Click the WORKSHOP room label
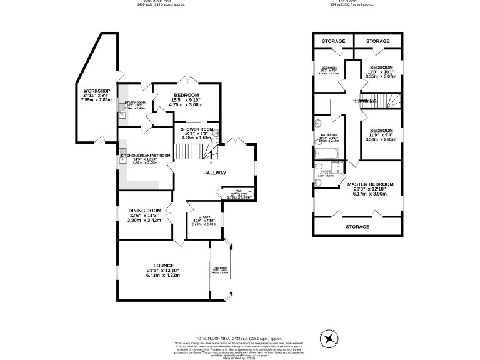click(92, 92)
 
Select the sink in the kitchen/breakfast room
click(121, 159)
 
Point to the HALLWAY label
click(214, 173)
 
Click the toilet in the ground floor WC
click(251, 194)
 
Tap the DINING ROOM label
click(145, 211)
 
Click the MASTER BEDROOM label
click(373, 184)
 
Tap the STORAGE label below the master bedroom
click(357, 226)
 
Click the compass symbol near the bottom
click(329, 338)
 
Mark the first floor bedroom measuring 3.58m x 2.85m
click(381, 134)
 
